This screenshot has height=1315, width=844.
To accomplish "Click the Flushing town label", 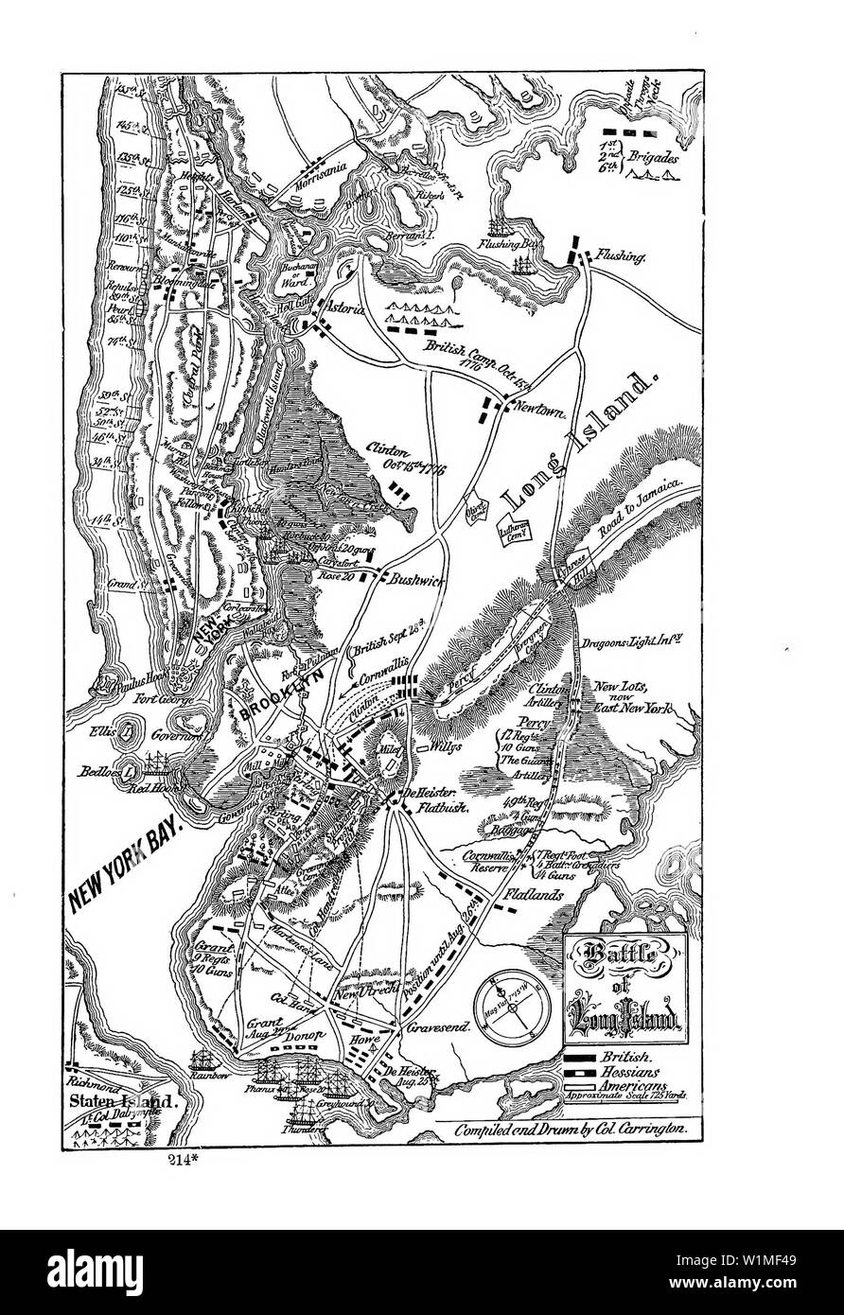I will [622, 255].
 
